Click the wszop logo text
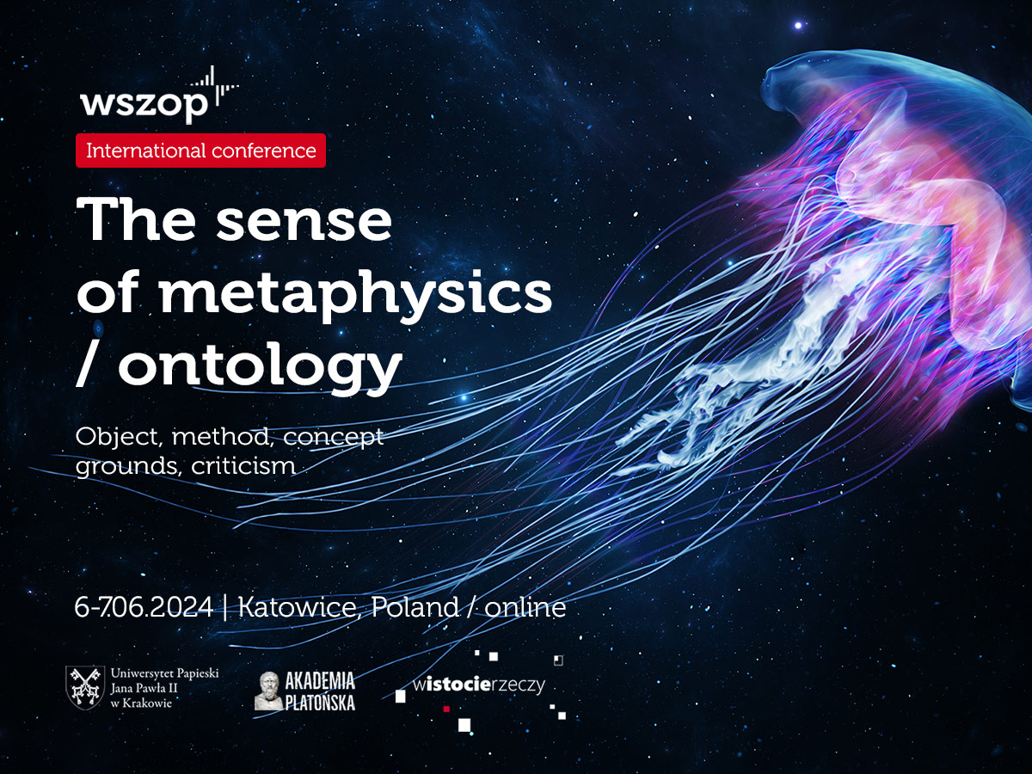tap(144, 105)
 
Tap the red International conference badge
tap(200, 150)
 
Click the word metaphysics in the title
tap(356, 295)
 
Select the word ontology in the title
tap(261, 366)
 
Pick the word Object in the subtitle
tap(119, 438)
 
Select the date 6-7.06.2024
tap(144, 606)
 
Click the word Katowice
tap(300, 606)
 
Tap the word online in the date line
tap(525, 606)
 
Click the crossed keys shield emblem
tap(85, 687)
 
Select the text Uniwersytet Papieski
tap(164, 673)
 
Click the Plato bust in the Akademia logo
tap(268, 691)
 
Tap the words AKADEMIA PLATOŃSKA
tap(320, 691)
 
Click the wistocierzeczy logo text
tap(479, 685)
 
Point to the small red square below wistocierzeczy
tap(446, 709)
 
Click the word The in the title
tap(136, 218)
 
